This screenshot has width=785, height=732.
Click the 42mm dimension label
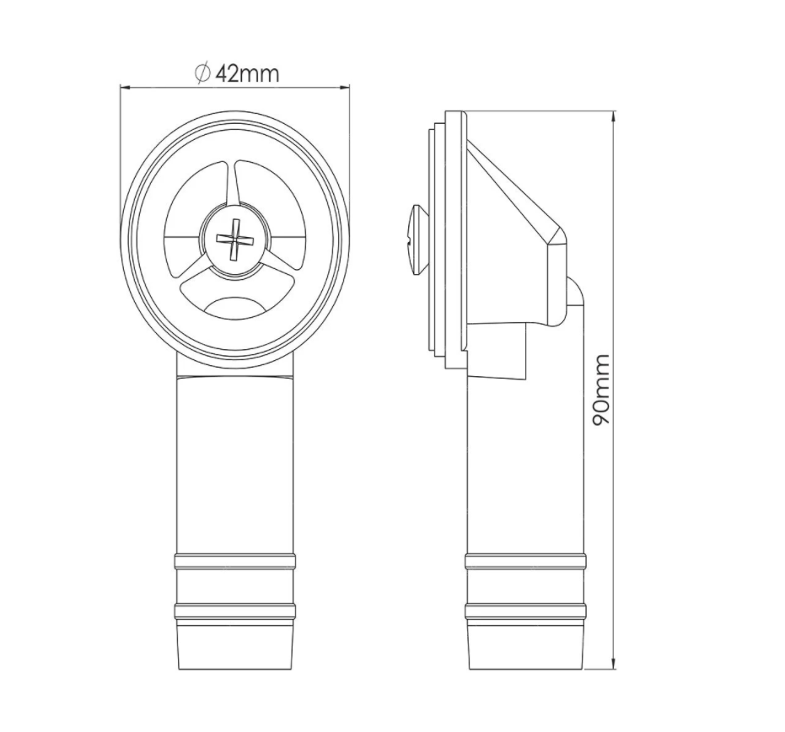pos(247,74)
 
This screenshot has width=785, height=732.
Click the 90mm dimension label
pos(600,390)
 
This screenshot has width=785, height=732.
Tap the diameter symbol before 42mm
pos(202,73)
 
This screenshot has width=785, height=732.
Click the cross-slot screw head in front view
pos(233,240)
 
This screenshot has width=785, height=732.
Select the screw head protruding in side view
pos(418,240)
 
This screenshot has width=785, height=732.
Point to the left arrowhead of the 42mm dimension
pos(125,88)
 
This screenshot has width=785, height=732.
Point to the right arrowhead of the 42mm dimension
pos(344,88)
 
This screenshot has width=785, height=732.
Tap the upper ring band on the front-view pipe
pos(234,562)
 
